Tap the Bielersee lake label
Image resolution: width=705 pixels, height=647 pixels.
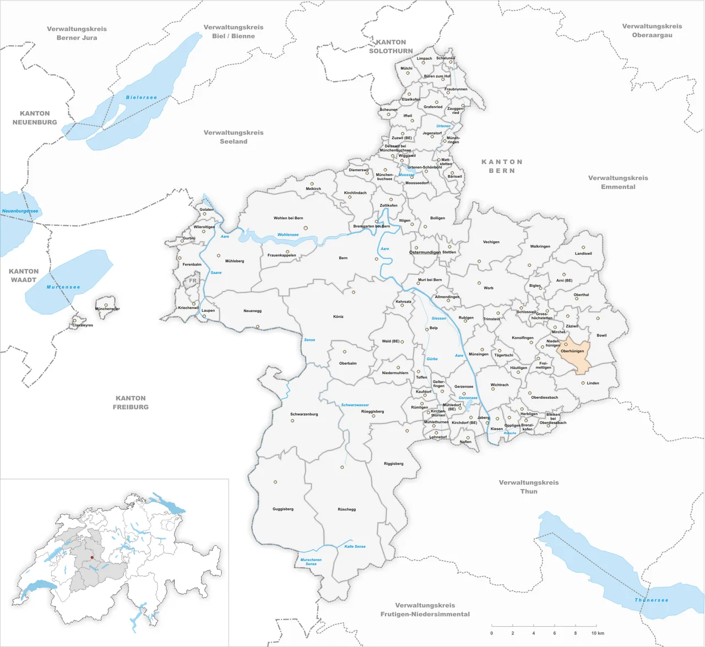[x=142, y=97]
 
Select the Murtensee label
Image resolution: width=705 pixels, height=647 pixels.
[x=63, y=287]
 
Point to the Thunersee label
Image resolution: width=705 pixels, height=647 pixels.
[x=651, y=600]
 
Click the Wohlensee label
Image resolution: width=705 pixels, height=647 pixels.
[x=288, y=235]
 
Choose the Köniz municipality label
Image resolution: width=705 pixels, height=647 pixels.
[x=338, y=317]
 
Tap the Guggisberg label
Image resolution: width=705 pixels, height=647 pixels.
[x=283, y=509]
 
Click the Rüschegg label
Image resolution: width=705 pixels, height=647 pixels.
[x=346, y=509]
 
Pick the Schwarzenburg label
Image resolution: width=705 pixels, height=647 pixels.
[x=304, y=414]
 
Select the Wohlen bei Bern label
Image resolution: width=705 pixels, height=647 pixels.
[x=288, y=218]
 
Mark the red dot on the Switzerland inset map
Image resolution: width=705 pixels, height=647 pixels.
[x=92, y=557]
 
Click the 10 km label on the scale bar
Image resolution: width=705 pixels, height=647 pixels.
[x=597, y=633]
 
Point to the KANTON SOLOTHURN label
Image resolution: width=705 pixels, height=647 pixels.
[x=391, y=46]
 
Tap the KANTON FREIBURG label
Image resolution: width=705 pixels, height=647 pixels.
[x=131, y=403]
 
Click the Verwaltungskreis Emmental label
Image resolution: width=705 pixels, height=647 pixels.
[x=618, y=182]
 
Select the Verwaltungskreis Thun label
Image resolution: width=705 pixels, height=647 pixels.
[x=529, y=487]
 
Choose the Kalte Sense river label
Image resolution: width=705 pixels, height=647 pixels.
[x=355, y=546]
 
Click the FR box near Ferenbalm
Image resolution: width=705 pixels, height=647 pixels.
[x=193, y=281]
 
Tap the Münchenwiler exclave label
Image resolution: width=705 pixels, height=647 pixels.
[x=107, y=309]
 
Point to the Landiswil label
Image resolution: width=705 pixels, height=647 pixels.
[x=583, y=254]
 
